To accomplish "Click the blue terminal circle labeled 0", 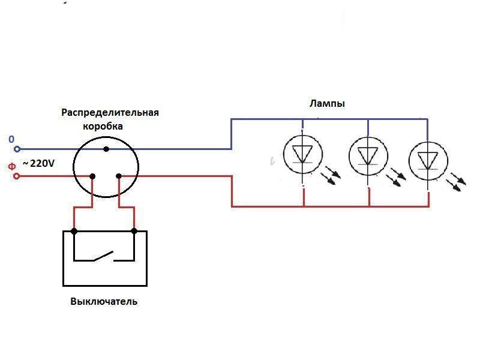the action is click(x=17, y=149).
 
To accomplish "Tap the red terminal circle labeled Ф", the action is click(x=17, y=176).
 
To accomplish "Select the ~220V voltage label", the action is click(x=39, y=163).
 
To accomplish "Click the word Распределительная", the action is click(x=110, y=112).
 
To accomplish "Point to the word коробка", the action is click(x=103, y=126).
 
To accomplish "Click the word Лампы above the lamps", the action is click(x=327, y=104).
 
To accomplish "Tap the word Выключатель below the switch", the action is click(x=104, y=301).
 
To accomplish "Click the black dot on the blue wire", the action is click(x=106, y=149).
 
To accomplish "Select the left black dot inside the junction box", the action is click(x=92, y=176).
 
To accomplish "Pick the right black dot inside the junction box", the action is click(x=119, y=176).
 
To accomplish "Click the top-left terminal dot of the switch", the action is click(x=74, y=231).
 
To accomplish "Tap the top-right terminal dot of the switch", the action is click(x=134, y=231).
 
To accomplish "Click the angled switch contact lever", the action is click(x=104, y=256).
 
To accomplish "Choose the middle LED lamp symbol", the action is click(x=368, y=156).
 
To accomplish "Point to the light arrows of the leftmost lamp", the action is click(x=331, y=175).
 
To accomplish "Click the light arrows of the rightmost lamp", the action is click(x=456, y=182).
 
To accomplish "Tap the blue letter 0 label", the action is click(x=11, y=139).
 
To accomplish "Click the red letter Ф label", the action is click(x=11, y=167).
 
